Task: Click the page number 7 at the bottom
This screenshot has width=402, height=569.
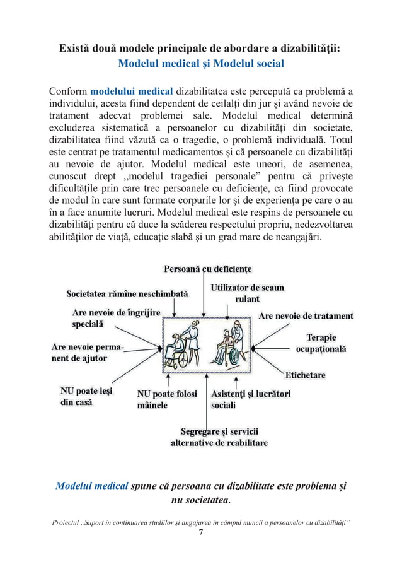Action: pyautogui.click(x=200, y=532)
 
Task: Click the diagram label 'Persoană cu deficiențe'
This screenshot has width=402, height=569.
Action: pyautogui.click(x=208, y=269)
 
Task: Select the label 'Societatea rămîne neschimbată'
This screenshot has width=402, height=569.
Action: pyautogui.click(x=128, y=295)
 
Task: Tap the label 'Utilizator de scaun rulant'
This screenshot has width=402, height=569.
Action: pyautogui.click(x=247, y=293)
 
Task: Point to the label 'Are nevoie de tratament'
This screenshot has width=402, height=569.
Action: pyautogui.click(x=306, y=315)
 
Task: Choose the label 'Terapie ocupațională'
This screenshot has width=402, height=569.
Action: pyautogui.click(x=321, y=343)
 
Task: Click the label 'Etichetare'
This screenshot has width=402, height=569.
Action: pyautogui.click(x=306, y=375)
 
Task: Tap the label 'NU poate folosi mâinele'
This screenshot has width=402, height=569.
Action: pyautogui.click(x=167, y=399)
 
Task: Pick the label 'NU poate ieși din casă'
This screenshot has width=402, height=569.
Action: pyautogui.click(x=86, y=397)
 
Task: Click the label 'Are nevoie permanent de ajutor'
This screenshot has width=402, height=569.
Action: pyautogui.click(x=88, y=353)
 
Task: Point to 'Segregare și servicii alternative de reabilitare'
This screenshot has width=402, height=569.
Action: pyautogui.click(x=219, y=437)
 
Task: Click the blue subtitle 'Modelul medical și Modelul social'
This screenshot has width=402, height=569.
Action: pyautogui.click(x=201, y=64)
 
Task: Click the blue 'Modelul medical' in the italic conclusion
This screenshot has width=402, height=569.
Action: pyautogui.click(x=92, y=487)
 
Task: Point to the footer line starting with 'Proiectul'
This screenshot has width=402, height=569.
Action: pyautogui.click(x=200, y=522)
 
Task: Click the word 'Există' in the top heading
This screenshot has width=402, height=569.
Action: pyautogui.click(x=76, y=48)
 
